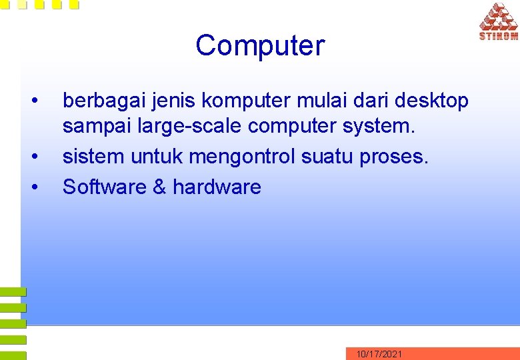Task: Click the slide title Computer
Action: pyautogui.click(x=260, y=46)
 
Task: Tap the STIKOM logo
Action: pyautogui.click(x=498, y=21)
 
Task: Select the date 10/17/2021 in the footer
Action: pyautogui.click(x=379, y=354)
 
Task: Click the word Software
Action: pyautogui.click(x=104, y=187)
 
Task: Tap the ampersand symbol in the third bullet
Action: pyautogui.click(x=159, y=187)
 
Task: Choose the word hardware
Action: pyautogui.click(x=217, y=187)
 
